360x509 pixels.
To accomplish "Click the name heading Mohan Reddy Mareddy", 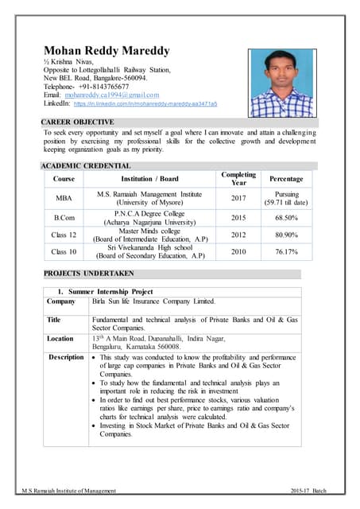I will (x=106, y=51).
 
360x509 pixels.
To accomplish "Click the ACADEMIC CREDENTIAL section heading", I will (x=86, y=165).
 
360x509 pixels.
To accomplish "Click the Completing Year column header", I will (x=238, y=179).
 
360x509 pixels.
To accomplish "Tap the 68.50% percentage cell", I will (x=286, y=217).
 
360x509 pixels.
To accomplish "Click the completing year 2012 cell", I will (x=238, y=235).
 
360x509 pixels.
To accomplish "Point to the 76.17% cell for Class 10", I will (x=286, y=252).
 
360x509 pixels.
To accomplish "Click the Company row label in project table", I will (x=61, y=301).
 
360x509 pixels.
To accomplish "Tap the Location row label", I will (x=61, y=338).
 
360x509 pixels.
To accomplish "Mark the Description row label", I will (x=65, y=357).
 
